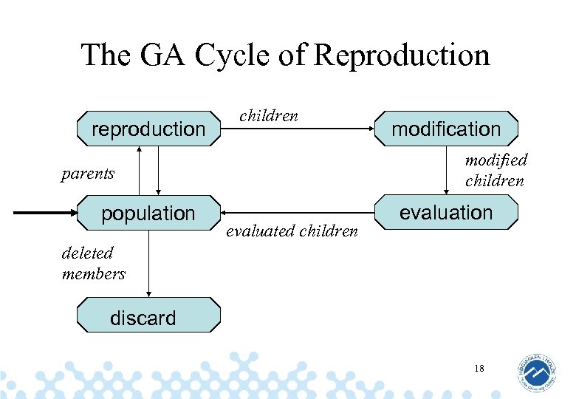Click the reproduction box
(148, 129)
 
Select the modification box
(446, 129)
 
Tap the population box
(148, 213)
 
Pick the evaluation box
(446, 213)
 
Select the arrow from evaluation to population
(295, 214)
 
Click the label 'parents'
(88, 174)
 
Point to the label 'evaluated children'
(292, 231)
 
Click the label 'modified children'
(496, 170)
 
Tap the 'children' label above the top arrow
(269, 115)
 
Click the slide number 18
(479, 367)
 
